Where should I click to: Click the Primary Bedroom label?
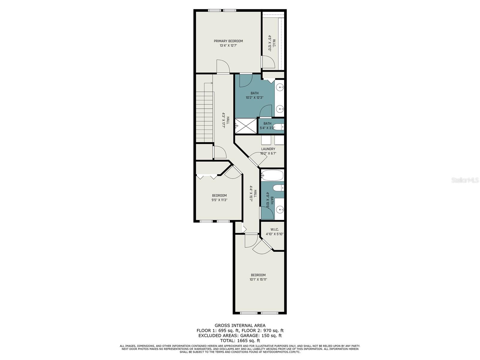click(228, 41)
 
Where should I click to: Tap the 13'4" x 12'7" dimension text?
click(228, 46)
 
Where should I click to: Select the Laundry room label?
click(268, 149)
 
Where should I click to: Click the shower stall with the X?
click(246, 126)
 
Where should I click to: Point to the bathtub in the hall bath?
click(272, 175)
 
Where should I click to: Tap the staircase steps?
click(205, 117)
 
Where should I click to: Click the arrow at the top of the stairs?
click(208, 83)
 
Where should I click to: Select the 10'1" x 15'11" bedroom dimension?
click(258, 279)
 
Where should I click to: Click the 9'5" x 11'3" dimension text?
click(219, 200)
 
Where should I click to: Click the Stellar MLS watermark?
click(465, 180)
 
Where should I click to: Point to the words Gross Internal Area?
click(240, 325)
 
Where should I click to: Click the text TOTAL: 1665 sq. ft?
click(240, 340)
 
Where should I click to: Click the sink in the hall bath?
click(280, 210)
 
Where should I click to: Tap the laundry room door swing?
click(258, 159)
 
